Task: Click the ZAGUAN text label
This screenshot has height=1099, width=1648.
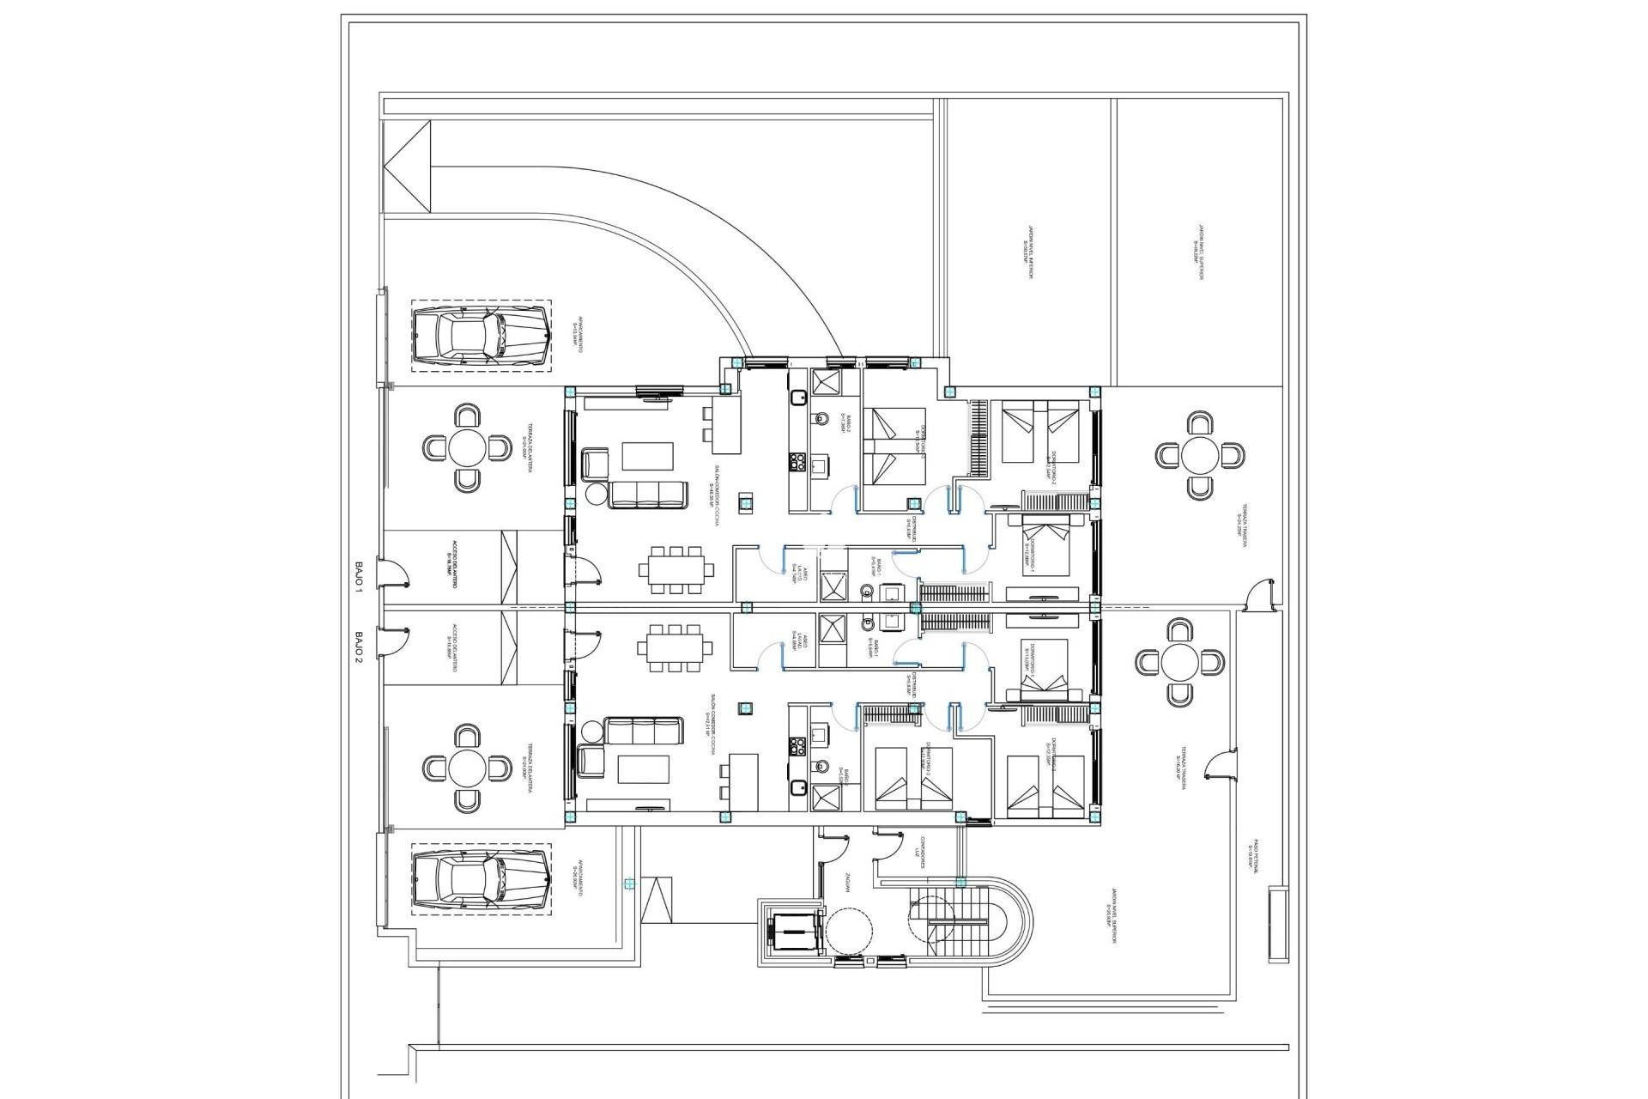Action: (x=847, y=882)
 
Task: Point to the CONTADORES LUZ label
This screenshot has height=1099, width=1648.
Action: (x=919, y=852)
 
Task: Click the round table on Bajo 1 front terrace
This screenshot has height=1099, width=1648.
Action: (x=466, y=448)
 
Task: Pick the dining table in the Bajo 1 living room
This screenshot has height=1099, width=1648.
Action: (x=676, y=568)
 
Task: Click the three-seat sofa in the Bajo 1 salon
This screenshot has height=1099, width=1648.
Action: (x=648, y=495)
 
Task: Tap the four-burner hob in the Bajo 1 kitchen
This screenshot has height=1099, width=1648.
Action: (x=796, y=464)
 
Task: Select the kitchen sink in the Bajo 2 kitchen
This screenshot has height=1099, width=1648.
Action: (x=819, y=734)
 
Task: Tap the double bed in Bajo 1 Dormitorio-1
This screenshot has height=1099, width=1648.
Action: (x=1045, y=546)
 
